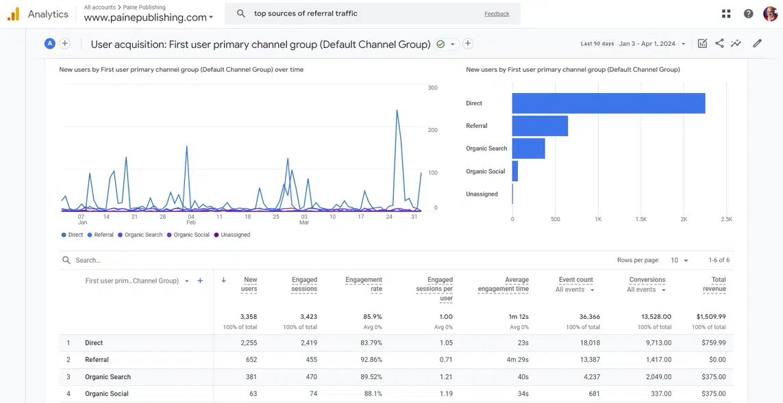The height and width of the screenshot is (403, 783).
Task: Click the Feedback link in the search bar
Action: click(497, 14)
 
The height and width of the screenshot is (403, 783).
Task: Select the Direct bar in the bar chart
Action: click(608, 103)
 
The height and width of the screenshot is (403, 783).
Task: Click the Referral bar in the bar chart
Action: click(540, 126)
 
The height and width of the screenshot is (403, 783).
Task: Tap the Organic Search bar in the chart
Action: click(528, 148)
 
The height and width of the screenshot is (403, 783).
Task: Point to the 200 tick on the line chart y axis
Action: click(432, 130)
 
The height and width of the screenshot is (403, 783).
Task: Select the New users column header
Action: click(250, 284)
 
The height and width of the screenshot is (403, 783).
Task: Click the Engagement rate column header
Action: click(364, 284)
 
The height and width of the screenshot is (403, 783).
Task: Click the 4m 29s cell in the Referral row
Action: click(517, 360)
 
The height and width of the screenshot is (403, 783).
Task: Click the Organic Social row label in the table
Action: click(106, 394)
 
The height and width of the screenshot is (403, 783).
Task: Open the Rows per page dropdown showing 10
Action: click(680, 261)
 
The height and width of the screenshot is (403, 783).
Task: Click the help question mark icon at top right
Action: click(748, 14)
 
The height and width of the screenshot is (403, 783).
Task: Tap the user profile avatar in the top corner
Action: click(770, 14)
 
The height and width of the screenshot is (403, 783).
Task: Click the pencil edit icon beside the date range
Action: click(757, 44)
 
